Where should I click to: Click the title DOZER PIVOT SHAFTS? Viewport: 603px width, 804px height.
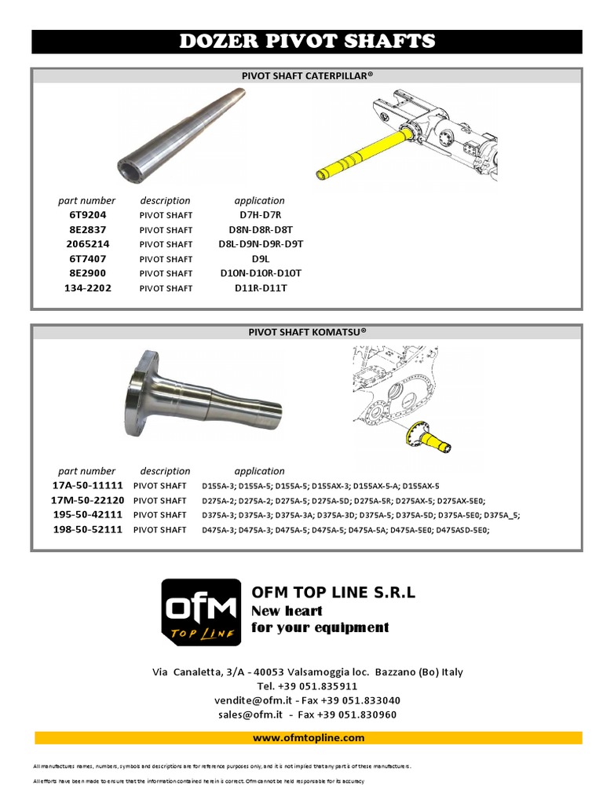tap(307, 42)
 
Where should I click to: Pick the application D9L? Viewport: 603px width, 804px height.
tap(260, 259)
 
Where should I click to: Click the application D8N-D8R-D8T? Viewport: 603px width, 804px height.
tap(260, 230)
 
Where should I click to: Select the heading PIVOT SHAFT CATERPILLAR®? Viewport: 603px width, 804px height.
tap(307, 76)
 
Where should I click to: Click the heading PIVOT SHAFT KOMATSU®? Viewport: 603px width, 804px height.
tap(307, 332)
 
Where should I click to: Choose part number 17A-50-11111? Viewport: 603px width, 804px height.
tap(87, 486)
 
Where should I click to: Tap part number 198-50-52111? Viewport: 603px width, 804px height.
tap(87, 530)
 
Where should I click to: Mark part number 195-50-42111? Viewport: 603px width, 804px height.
tap(87, 515)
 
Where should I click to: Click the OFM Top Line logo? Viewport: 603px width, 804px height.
tap(201, 612)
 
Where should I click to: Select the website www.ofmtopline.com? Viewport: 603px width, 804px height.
tap(308, 738)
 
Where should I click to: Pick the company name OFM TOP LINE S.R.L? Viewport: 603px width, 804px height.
tap(333, 592)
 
